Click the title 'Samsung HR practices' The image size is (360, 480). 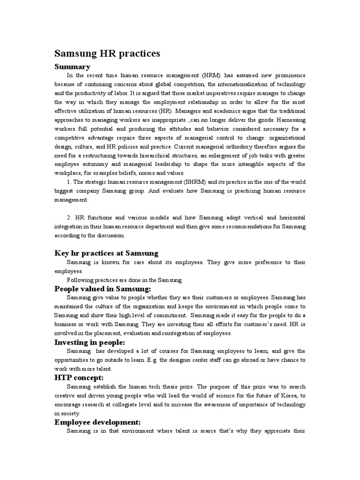click(x=107, y=53)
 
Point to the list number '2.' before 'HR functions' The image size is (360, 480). click(x=69, y=218)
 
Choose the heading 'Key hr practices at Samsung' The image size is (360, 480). click(x=106, y=253)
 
